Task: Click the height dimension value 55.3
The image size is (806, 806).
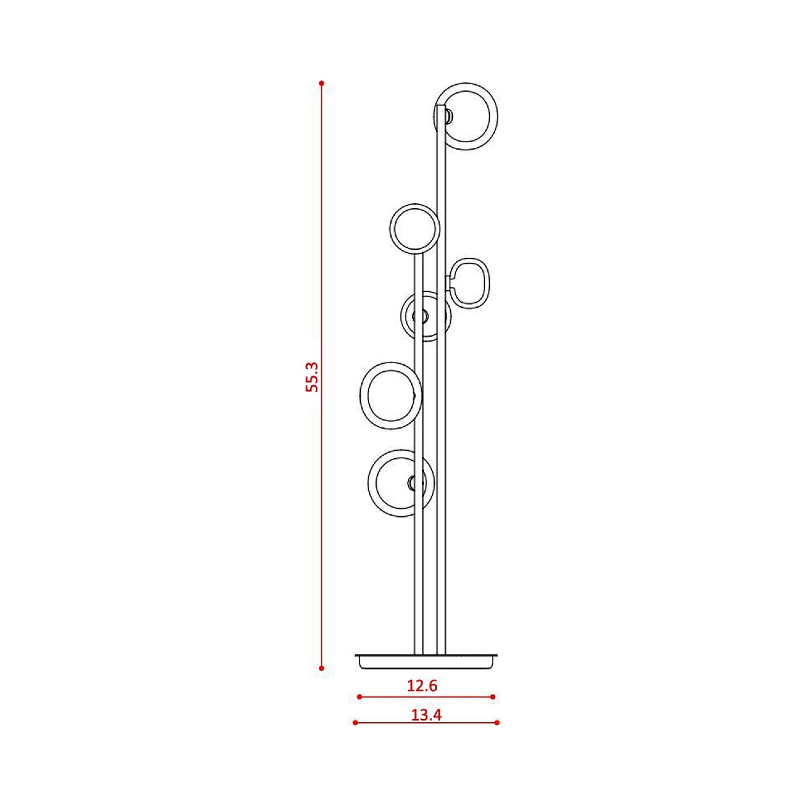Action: (312, 377)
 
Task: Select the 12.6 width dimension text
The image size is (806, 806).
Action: (422, 686)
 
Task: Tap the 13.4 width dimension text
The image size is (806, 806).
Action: (426, 715)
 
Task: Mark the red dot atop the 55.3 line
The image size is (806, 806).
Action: (321, 84)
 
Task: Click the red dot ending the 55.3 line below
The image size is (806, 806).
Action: (321, 668)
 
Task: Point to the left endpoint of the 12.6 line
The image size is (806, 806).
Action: (359, 697)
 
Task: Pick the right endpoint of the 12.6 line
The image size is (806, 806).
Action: (493, 697)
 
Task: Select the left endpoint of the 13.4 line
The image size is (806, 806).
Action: (355, 722)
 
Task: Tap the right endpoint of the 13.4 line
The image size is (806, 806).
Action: (497, 722)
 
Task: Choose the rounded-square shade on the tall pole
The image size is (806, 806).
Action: (470, 283)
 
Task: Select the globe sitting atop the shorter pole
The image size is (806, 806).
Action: (414, 229)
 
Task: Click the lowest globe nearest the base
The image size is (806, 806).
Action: (397, 482)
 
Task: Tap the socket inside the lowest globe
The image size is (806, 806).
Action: (412, 483)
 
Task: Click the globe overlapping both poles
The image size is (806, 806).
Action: (426, 316)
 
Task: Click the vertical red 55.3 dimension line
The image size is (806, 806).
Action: (321, 502)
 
